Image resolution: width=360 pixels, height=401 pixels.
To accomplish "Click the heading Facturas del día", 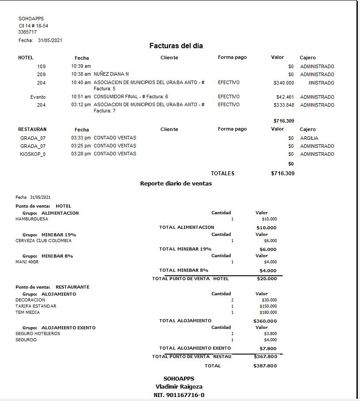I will pos(176,46).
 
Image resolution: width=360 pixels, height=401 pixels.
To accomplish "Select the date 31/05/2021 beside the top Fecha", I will pos(50,40).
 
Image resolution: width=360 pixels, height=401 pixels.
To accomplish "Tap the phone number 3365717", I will pos(27,32).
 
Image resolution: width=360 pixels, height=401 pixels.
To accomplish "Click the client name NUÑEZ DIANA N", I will pos(111,74).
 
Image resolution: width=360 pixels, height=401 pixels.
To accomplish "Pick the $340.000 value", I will pos(283,83).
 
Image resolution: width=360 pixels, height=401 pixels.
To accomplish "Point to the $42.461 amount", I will pos(285,97).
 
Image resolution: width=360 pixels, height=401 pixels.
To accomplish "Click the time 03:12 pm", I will pos(81,105).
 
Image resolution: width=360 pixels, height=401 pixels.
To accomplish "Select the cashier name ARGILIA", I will pos(309,138).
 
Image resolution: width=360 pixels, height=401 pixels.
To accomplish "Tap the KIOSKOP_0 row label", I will pos(33,154).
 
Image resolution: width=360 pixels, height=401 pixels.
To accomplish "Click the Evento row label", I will pos(38,97).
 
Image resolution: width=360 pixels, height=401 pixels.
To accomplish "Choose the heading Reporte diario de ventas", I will pos(176,183).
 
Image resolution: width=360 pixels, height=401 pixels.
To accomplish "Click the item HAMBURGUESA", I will pos(32,219).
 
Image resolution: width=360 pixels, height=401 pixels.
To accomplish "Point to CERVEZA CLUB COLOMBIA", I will pos(43,241).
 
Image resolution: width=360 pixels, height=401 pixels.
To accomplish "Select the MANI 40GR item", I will pos(27,262).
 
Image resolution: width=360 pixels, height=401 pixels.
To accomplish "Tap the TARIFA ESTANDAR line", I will pos(36,306).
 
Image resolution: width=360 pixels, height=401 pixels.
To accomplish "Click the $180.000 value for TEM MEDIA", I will pos(269,312).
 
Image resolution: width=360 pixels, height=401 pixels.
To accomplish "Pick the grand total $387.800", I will pos(265,366).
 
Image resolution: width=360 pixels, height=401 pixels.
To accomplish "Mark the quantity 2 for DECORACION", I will pos(232,300).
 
